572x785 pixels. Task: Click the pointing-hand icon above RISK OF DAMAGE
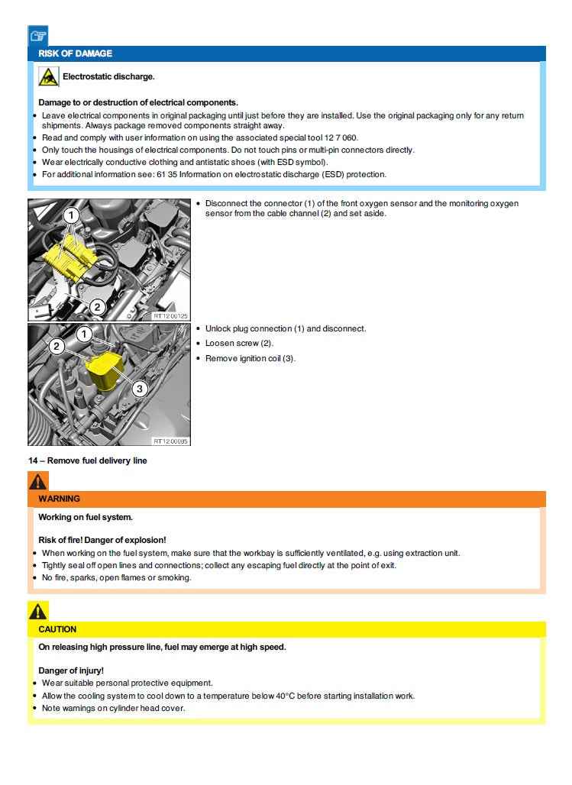38,36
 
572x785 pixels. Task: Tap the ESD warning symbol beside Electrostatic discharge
48,76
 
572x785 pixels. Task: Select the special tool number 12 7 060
340,137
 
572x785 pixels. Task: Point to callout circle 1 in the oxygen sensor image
71,216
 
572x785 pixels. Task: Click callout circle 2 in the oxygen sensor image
97,307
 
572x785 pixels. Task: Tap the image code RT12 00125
171,315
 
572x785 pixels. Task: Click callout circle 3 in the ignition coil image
139,389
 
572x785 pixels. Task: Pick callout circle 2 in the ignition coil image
57,346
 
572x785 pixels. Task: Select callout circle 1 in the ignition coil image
85,334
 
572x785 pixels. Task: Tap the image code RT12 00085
171,441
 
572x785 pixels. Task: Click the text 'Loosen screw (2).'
239,344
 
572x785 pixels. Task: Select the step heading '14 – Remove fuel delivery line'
87,460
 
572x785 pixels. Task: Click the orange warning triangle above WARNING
38,481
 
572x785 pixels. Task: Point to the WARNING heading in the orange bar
59,499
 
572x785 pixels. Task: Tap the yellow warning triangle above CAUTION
38,611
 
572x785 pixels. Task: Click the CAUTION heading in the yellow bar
57,629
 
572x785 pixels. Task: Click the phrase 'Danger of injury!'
71,670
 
